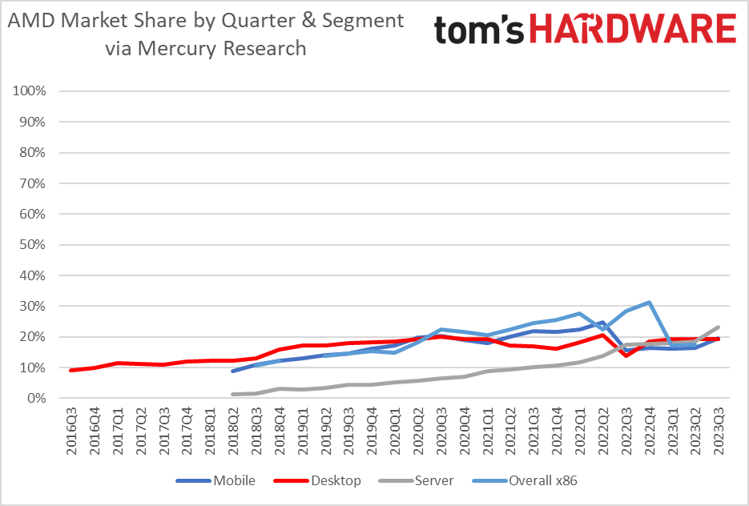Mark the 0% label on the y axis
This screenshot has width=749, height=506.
35,399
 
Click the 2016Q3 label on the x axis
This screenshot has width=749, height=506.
72,432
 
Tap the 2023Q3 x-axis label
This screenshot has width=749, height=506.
718,432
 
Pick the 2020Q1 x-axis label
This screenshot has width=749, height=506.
395,432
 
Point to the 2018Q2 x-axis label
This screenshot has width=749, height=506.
234,432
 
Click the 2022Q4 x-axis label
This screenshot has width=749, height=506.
649,432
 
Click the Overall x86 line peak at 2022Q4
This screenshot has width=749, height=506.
648,303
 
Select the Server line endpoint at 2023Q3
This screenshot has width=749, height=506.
718,327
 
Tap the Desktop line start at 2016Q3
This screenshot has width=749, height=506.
72,370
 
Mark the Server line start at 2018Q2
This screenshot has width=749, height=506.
233,394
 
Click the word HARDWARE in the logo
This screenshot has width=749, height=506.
630,30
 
